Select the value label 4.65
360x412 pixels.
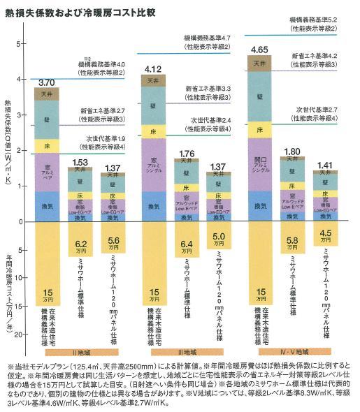tap(260, 50)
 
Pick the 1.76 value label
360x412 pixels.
tap(187, 154)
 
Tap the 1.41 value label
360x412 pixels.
tap(324, 165)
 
